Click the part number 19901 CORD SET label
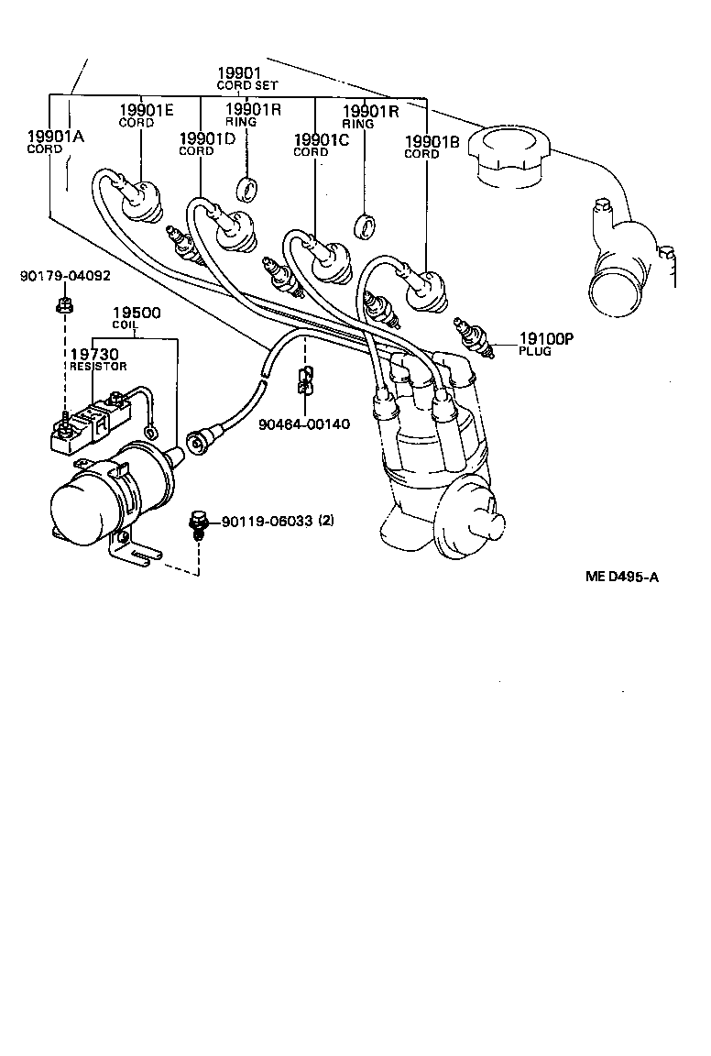click(239, 78)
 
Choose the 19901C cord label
click(321, 144)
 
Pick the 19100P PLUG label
click(546, 343)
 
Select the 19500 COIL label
click(136, 317)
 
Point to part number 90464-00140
click(303, 425)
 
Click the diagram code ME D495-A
click(622, 577)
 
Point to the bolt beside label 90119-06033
click(197, 523)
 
